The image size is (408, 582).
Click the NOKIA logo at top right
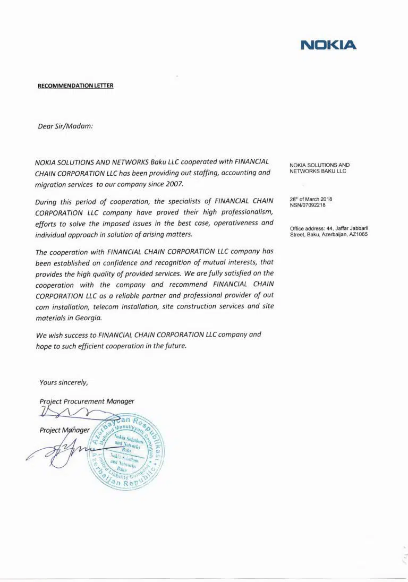(x=328, y=45)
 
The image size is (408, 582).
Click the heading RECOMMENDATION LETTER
(x=75, y=85)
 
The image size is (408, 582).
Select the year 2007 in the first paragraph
(x=174, y=184)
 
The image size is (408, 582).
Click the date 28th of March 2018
(x=311, y=199)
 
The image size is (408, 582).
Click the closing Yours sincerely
(x=63, y=382)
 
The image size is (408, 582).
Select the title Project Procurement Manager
(x=87, y=401)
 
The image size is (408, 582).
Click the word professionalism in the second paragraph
(x=246, y=212)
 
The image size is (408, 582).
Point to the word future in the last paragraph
(x=175, y=346)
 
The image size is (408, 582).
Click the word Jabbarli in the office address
(x=357, y=228)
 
